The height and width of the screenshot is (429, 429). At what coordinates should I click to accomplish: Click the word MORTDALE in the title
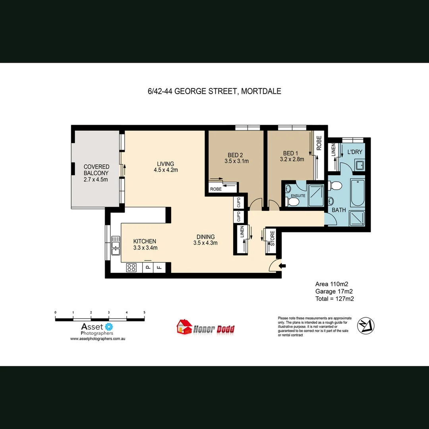[x=261, y=91]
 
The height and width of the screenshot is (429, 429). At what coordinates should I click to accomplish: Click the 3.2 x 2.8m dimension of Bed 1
[x=292, y=160]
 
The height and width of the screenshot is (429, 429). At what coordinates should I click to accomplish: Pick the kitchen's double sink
[x=116, y=245]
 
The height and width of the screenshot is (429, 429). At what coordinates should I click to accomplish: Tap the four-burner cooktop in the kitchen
[x=131, y=268]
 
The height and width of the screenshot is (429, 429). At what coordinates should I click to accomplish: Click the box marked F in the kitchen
[x=159, y=267]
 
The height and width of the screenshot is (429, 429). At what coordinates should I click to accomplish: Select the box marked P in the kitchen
[x=148, y=267]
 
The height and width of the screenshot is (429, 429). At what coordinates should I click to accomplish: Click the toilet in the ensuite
[x=293, y=202]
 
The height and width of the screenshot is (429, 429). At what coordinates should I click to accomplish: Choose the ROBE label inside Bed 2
[x=216, y=189]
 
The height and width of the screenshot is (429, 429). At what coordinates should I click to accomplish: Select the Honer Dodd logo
[x=206, y=327]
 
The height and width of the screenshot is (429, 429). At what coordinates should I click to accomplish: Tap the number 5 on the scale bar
[x=144, y=313]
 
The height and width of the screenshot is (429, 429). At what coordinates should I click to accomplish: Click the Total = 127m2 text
[x=334, y=299]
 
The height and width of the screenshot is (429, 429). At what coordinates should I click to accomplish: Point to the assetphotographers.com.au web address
[x=98, y=339]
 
